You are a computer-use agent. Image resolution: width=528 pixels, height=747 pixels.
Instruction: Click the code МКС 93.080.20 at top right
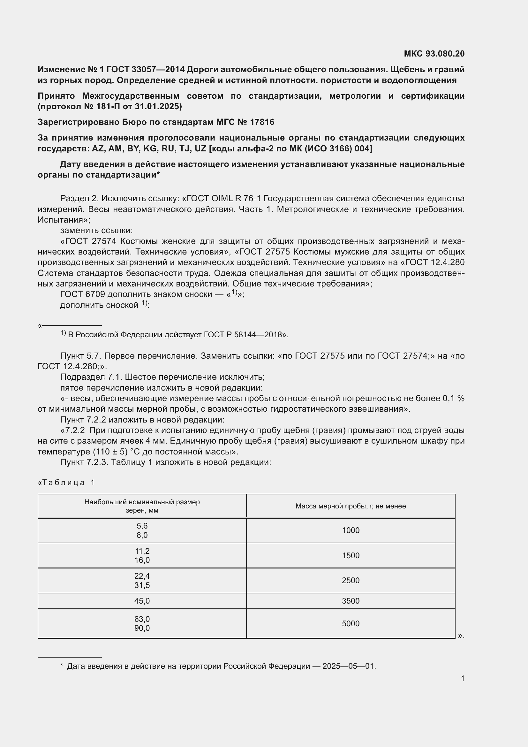tap(434, 54)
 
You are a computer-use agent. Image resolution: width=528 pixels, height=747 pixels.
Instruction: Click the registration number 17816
tap(262, 122)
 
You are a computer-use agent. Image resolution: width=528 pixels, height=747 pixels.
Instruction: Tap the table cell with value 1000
tap(351, 530)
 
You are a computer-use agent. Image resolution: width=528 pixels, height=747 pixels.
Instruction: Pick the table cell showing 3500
tap(351, 601)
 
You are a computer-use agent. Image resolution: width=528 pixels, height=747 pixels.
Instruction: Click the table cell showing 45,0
tap(142, 601)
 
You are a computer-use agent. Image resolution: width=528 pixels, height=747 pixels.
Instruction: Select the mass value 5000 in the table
tap(351, 623)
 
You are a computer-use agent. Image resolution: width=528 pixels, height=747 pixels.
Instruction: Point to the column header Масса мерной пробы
tap(351, 506)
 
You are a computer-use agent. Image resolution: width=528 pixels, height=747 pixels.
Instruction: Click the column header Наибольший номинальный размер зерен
tap(142, 506)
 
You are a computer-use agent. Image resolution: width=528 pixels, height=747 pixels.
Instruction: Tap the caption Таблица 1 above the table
tap(67, 483)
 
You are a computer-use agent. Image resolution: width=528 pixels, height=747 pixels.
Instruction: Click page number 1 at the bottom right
tap(462, 678)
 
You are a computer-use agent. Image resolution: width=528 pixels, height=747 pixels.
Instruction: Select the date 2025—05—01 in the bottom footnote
tap(349, 666)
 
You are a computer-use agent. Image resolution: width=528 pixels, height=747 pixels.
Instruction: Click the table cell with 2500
tap(351, 580)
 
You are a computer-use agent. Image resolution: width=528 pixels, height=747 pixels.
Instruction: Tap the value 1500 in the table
tap(351, 555)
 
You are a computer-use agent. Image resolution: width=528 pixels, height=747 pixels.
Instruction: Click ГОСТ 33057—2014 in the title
tap(145, 69)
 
